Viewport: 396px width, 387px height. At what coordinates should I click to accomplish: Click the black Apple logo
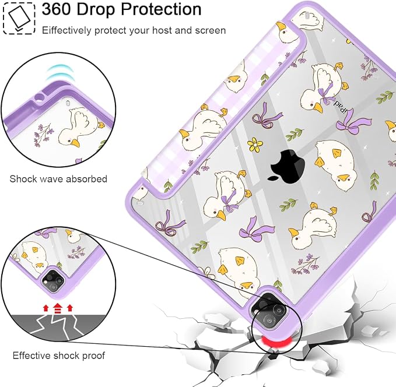pyautogui.click(x=287, y=165)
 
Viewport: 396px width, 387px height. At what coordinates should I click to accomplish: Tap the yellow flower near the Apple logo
pyautogui.click(x=255, y=145)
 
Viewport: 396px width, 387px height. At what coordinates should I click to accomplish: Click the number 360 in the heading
pyautogui.click(x=57, y=9)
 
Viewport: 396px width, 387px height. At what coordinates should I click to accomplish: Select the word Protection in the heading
pyautogui.click(x=161, y=9)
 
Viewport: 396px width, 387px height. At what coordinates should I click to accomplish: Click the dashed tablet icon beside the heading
pyautogui.click(x=19, y=18)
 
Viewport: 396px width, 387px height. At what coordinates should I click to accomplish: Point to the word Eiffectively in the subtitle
pyautogui.click(x=66, y=30)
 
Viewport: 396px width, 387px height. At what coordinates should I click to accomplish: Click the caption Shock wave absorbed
pyautogui.click(x=58, y=179)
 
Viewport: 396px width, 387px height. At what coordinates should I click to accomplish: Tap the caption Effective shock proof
pyautogui.click(x=58, y=356)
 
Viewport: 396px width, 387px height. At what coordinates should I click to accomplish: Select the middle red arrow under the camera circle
pyautogui.click(x=58, y=308)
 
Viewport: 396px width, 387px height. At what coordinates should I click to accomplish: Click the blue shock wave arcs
pyautogui.click(x=60, y=72)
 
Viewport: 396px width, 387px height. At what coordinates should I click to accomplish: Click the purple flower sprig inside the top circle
pyautogui.click(x=43, y=134)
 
